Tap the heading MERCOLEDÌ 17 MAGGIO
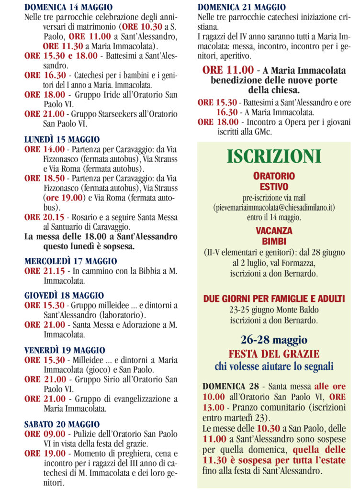point(70,261)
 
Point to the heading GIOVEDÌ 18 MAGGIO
point(64,296)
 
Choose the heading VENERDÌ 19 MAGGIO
point(65,350)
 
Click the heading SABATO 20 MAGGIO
point(62,424)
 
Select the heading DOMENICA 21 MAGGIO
point(241,7)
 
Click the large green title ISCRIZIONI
point(274,156)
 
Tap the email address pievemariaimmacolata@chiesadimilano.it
point(274,207)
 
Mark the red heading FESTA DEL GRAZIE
point(274,355)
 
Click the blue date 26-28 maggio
point(274,340)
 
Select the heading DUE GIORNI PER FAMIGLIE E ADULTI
point(274,299)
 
